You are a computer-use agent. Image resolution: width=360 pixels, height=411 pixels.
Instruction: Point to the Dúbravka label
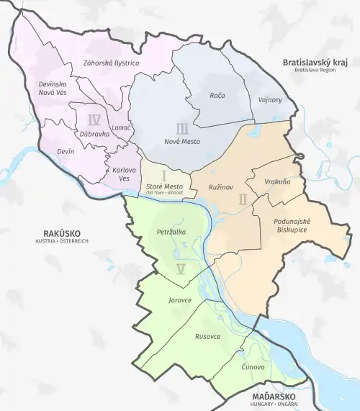tap(94, 133)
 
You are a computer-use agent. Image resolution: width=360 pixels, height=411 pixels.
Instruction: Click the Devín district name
tap(66, 152)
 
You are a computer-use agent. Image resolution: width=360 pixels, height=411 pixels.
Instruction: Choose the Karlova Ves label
tap(125, 173)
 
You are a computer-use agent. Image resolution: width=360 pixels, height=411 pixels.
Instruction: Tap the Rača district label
tap(217, 95)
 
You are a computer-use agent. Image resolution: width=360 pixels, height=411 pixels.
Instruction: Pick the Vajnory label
tap(270, 99)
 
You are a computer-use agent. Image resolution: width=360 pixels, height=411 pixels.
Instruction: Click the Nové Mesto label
tap(182, 141)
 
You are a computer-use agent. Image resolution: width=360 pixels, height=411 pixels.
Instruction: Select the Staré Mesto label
tap(164, 186)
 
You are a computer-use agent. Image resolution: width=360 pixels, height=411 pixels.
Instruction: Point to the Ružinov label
tap(221, 186)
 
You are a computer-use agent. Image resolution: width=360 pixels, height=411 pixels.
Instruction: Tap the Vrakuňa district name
tap(277, 182)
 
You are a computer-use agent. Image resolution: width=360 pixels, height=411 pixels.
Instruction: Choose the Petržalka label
tap(171, 232)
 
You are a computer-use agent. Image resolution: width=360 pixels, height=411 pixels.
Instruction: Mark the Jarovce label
tap(179, 299)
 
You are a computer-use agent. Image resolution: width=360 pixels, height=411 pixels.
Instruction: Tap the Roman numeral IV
tap(93, 119)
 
